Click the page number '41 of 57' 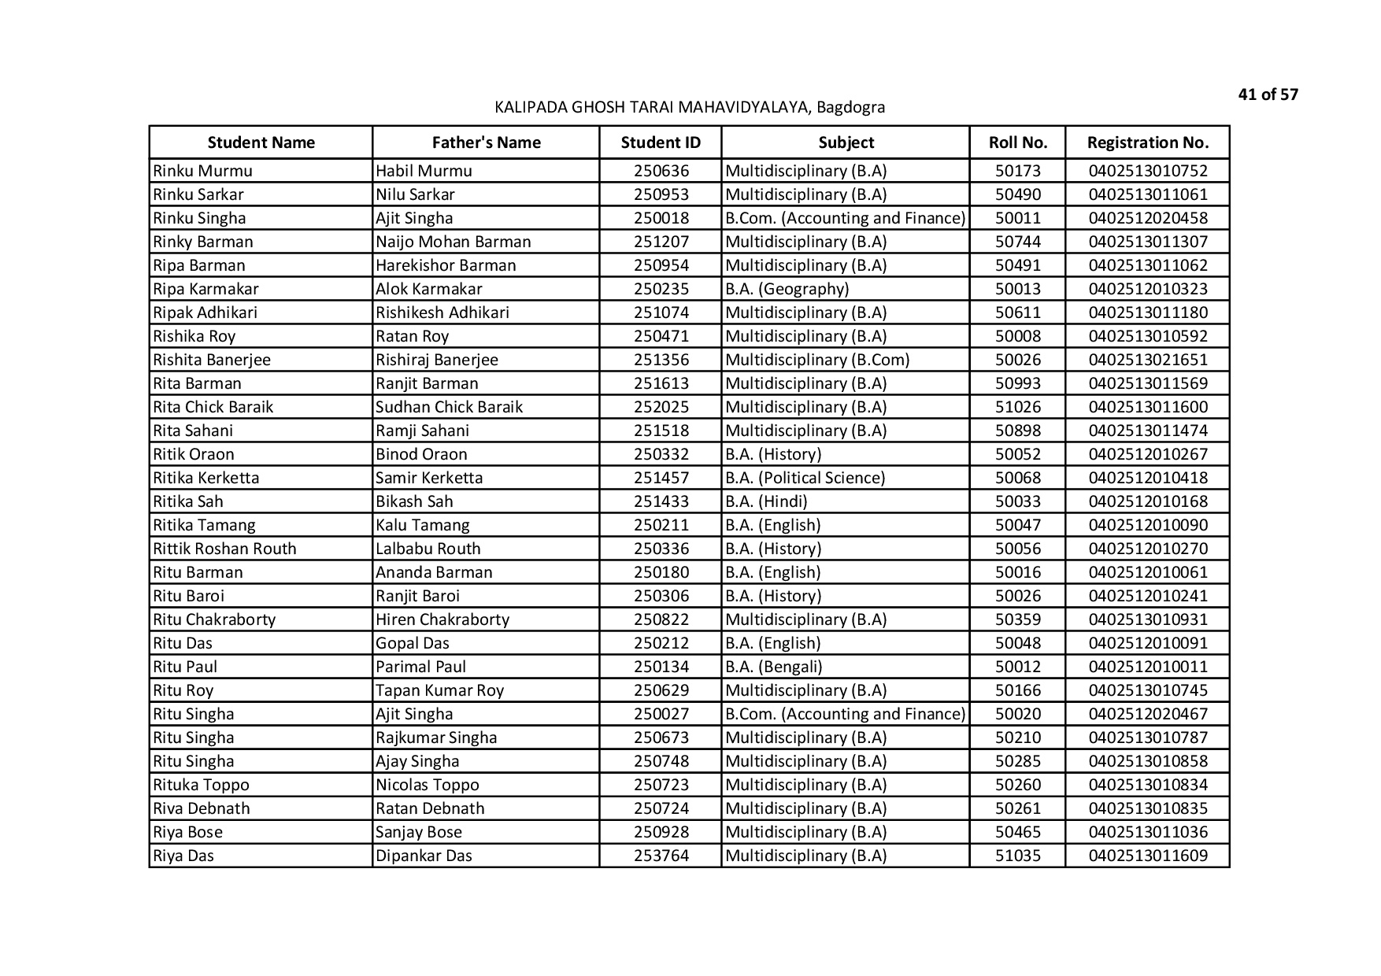point(1268,95)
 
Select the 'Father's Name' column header point(486,142)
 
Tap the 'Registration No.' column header point(1147,142)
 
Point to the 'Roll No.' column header point(1017,142)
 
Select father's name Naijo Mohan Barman point(453,242)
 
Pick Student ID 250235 point(661,289)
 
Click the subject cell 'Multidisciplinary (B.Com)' point(816,360)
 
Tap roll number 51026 point(1017,407)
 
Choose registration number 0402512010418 point(1147,478)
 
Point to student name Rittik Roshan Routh point(224,549)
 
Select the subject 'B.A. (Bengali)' point(773,667)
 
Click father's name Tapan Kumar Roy point(439,690)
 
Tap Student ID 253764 point(661,856)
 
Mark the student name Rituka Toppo point(201,785)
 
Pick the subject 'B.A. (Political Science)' point(805,478)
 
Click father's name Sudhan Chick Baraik point(449,407)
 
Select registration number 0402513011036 point(1147,832)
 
